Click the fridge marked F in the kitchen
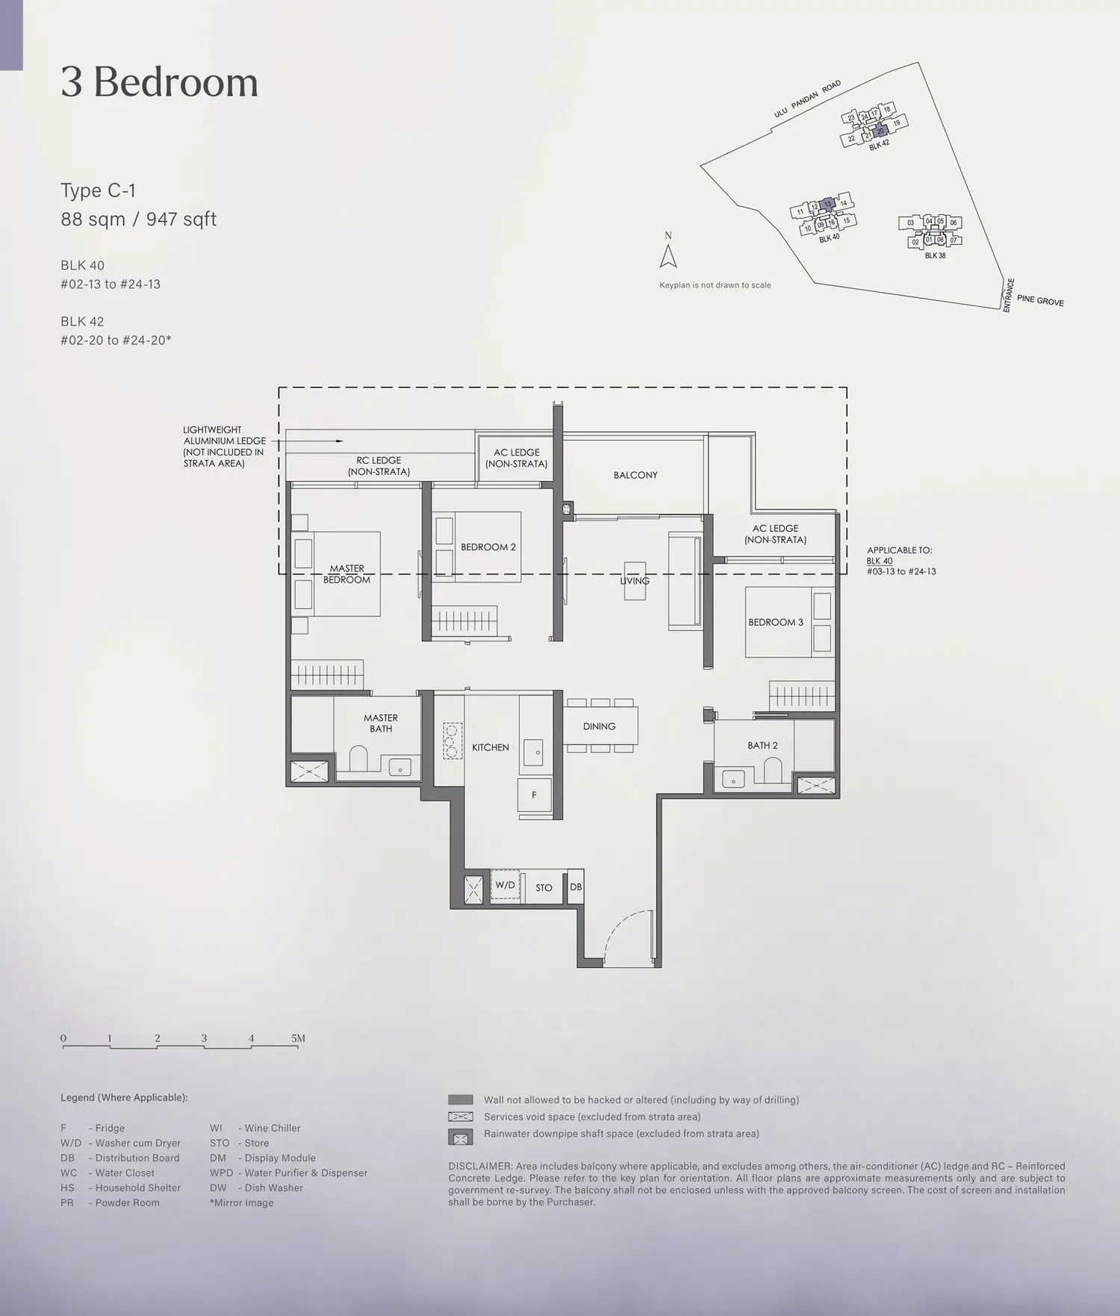pos(535,795)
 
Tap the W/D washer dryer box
pos(505,886)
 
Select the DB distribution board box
pos(576,887)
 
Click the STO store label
pos(544,888)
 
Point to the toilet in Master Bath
pos(359,758)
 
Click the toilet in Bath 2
pos(772,770)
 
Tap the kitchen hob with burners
pos(452,741)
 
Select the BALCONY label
pos(635,475)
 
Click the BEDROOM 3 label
pos(776,622)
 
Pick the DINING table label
pos(600,726)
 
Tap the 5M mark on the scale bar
pos(298,1038)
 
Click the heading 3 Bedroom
pos(160,81)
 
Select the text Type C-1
pos(98,190)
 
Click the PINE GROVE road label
pos(1040,300)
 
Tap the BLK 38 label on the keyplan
pos(935,255)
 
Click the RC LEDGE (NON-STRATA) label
pos(379,466)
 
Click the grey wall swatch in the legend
pos(461,1099)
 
